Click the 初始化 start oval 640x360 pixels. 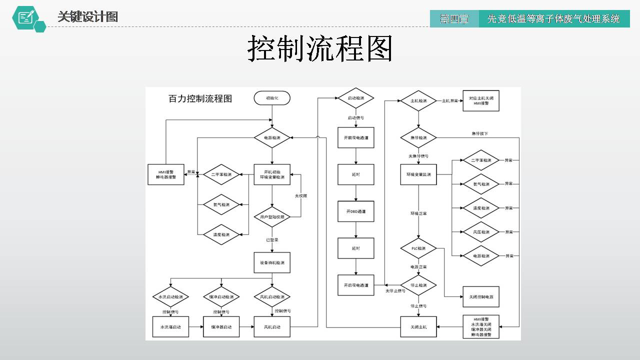(x=272, y=98)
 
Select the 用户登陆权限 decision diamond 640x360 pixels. (x=272, y=217)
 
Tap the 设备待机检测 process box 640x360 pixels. (x=272, y=262)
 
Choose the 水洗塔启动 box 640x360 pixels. (x=170, y=327)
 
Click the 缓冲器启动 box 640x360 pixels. (x=221, y=327)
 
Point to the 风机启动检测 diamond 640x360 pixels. (x=272, y=297)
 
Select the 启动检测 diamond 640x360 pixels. (x=356, y=98)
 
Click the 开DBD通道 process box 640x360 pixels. (x=356, y=211)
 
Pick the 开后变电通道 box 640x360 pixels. (x=356, y=285)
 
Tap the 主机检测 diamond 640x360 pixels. (x=418, y=101)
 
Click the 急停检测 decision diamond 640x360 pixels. (x=418, y=137)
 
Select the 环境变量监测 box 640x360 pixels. (x=418, y=174)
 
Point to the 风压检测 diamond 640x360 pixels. (x=481, y=232)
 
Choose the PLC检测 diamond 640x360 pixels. (x=418, y=248)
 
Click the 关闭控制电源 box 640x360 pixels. (x=481, y=297)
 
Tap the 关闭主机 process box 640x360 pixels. (x=418, y=327)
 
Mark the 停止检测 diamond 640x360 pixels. (x=418, y=285)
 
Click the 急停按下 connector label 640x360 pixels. (x=479, y=133)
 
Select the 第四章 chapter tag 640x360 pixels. (x=454, y=19)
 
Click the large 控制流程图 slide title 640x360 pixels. (x=320, y=48)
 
